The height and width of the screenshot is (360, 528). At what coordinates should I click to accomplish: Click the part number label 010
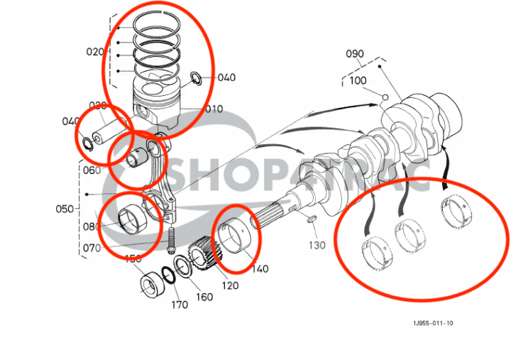coord(214,109)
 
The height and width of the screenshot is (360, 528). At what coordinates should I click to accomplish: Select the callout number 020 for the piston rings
coord(94,52)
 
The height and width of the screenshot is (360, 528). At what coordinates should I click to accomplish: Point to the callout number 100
coord(358,81)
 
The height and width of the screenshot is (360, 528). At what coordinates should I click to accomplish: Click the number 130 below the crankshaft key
coord(317,245)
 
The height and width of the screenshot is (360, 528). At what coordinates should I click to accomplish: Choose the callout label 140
coord(260,269)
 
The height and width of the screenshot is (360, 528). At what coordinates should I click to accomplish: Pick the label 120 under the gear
coord(229,285)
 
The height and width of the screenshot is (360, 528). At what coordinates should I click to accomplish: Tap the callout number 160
coord(204,297)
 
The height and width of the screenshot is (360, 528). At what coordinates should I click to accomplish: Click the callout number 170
coord(180,305)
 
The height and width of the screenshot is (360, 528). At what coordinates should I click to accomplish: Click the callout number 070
coord(92,249)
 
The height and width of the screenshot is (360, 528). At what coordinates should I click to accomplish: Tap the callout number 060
coord(92,170)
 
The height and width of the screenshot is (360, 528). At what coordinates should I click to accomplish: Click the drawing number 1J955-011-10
coord(433,324)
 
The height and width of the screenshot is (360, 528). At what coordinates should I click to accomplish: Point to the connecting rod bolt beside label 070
coord(172,241)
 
